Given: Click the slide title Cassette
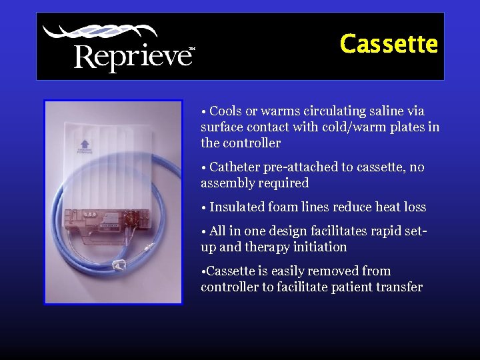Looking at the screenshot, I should click(389, 45).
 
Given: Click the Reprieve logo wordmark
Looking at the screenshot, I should click(132, 57).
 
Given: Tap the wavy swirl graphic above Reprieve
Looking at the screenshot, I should click(100, 32).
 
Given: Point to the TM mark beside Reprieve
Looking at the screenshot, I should click(192, 49).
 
